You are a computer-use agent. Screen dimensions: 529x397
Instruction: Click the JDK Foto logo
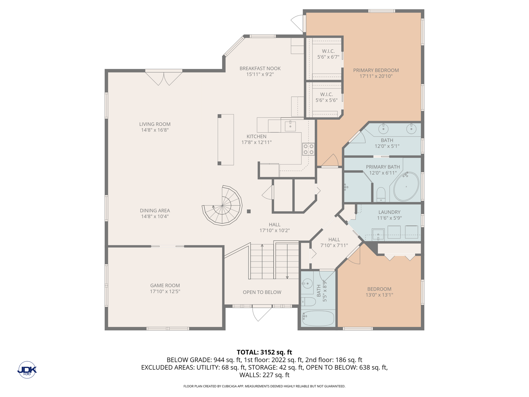pyautogui.click(x=27, y=370)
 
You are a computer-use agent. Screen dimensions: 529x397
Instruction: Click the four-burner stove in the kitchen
pyautogui.click(x=308, y=149)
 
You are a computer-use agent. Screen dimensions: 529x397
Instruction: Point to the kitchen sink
pyautogui.click(x=290, y=126)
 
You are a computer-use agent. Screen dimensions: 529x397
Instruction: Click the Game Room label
pyautogui.click(x=165, y=286)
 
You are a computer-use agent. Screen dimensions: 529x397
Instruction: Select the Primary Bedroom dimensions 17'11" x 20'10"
pyautogui.click(x=376, y=76)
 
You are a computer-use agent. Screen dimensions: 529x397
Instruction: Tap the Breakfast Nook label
pyautogui.click(x=260, y=68)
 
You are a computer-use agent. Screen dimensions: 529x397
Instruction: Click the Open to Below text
pyautogui.click(x=262, y=292)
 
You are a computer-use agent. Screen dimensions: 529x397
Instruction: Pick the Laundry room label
pyautogui.click(x=389, y=212)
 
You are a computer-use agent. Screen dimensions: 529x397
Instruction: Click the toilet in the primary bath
pyautogui.click(x=381, y=194)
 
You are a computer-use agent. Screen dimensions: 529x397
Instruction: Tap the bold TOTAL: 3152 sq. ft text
pyautogui.click(x=264, y=352)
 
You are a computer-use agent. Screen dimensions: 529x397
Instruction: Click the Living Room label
pyautogui.click(x=155, y=124)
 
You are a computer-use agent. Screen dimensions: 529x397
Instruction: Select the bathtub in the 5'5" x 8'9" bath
pyautogui.click(x=318, y=318)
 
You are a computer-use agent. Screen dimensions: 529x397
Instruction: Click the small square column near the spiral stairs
pyautogui.click(x=249, y=211)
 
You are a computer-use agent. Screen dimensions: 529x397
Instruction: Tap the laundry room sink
pyautogui.click(x=378, y=234)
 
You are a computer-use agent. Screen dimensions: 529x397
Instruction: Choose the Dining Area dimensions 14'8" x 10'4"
pyautogui.click(x=155, y=216)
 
